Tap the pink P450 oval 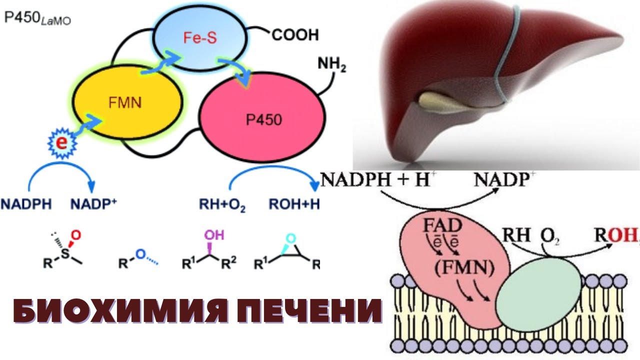pyautogui.click(x=260, y=120)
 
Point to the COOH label pyautogui.click(x=295, y=35)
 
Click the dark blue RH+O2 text pyautogui.click(x=222, y=204)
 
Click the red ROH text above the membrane pyautogui.click(x=615, y=235)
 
